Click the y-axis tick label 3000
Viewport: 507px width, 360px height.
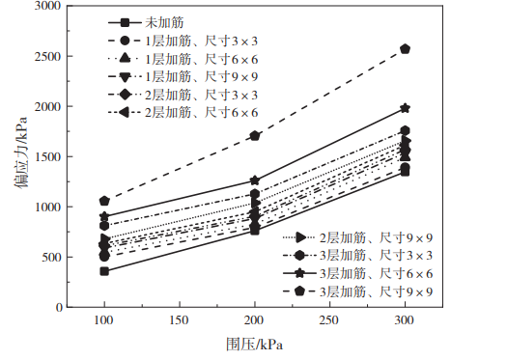(48, 7)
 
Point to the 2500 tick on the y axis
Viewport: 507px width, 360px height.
(48, 57)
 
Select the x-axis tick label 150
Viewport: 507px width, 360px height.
(179, 319)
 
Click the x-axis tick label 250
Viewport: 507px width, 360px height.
(329, 319)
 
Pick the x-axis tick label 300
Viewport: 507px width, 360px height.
(405, 319)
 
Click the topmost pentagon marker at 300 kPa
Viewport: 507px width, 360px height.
(405, 49)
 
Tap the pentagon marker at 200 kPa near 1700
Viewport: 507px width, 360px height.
(254, 136)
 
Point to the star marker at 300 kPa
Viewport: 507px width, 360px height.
(405, 109)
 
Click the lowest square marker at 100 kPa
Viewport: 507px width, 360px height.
(103, 271)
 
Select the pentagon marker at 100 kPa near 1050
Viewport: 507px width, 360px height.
(103, 201)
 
